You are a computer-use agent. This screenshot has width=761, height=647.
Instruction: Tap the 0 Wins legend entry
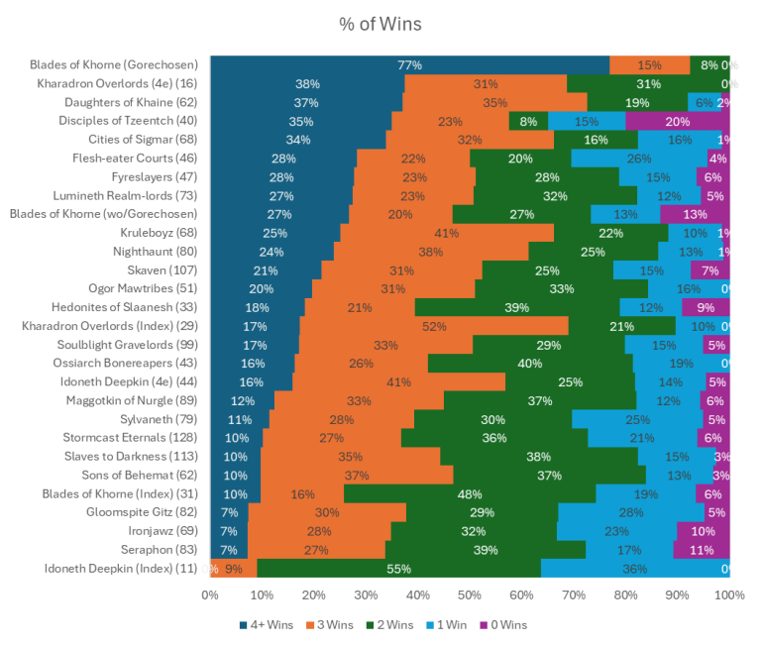click(x=504, y=625)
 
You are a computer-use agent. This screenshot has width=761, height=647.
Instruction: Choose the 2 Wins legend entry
click(x=384, y=625)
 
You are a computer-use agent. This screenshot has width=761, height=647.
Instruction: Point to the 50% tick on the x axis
click(x=470, y=595)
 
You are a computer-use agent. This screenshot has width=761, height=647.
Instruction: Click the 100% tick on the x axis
click(x=729, y=595)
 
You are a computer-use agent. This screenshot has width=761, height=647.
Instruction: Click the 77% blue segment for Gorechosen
click(x=409, y=65)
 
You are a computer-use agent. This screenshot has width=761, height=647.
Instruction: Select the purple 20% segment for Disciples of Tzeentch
click(x=678, y=121)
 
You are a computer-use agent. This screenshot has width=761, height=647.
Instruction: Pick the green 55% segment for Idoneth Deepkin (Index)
click(x=398, y=569)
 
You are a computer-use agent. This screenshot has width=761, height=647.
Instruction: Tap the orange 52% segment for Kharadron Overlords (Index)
click(x=433, y=326)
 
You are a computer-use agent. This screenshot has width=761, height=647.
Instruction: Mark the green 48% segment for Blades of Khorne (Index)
click(x=470, y=493)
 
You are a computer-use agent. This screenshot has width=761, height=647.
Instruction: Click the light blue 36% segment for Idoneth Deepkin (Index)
click(x=634, y=569)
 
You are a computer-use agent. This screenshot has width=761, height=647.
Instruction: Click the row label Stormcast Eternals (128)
click(x=133, y=438)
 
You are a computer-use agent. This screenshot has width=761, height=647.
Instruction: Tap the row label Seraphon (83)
click(x=159, y=550)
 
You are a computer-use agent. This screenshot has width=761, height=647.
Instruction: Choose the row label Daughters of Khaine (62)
click(x=131, y=102)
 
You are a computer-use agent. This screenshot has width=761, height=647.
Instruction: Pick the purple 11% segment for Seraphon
click(x=702, y=550)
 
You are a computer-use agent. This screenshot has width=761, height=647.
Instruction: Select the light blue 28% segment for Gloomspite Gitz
click(x=631, y=512)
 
